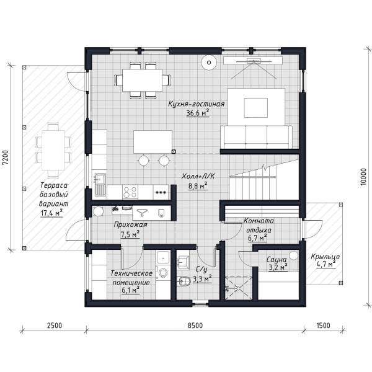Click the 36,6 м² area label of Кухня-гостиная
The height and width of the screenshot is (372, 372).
(198, 113)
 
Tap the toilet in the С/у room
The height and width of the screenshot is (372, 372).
(184, 281)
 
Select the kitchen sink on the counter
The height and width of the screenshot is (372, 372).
(100, 185)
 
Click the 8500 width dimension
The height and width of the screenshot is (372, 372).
(195, 325)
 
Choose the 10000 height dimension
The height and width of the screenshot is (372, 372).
(363, 177)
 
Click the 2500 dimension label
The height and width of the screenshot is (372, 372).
(55, 325)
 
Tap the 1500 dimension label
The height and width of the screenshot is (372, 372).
(324, 325)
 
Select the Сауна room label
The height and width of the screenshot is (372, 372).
(277, 260)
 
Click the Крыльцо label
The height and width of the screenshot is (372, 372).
(325, 257)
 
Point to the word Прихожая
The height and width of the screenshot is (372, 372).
(130, 224)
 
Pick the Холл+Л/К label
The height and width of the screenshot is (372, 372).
(198, 176)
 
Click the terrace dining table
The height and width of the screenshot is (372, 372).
(53, 150)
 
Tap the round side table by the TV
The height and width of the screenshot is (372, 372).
(209, 63)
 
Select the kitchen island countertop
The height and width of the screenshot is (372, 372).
(153, 141)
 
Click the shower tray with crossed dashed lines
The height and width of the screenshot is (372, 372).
(238, 288)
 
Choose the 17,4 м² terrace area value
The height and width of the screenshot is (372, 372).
(51, 213)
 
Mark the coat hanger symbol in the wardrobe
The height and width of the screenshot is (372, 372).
(142, 212)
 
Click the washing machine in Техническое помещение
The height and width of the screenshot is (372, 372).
(163, 273)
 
